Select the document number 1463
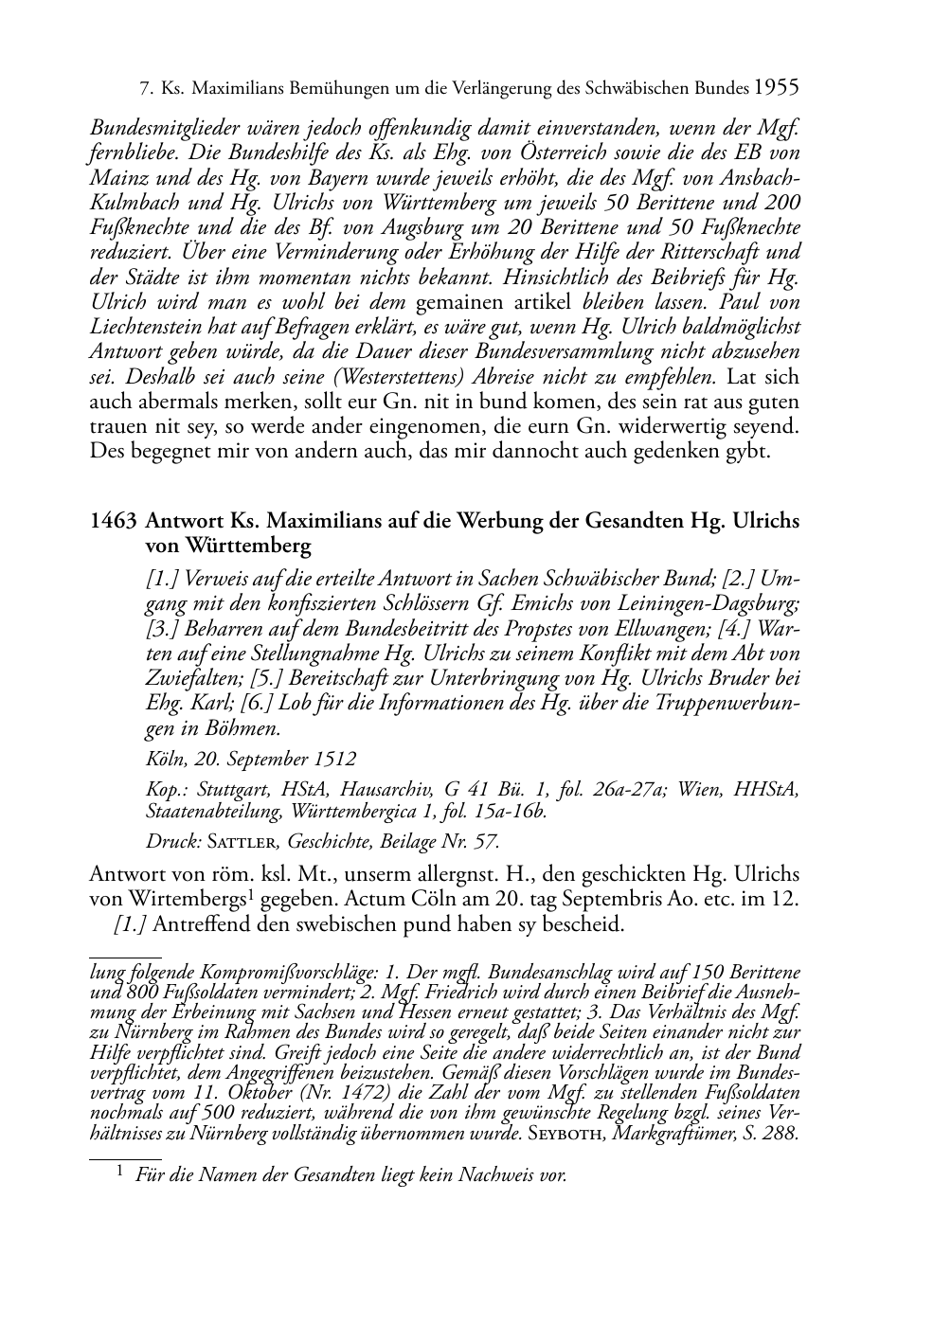[113, 521]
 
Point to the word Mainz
[118, 177]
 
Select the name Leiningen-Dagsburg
[717, 603]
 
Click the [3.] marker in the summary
[162, 628]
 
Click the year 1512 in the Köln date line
[338, 759]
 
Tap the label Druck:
[170, 841]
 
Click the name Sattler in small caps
[246, 841]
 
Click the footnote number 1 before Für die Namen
[120, 1173]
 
